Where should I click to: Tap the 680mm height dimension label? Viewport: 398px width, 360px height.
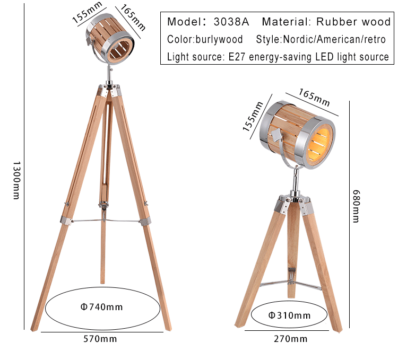[356, 206]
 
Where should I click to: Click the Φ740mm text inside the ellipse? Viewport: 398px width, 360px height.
[102, 307]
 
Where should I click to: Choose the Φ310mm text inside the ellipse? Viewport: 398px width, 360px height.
[289, 315]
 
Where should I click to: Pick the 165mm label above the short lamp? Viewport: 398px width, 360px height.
[314, 98]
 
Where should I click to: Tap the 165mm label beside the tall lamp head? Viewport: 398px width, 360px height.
[133, 17]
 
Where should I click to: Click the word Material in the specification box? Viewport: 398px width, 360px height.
[286, 22]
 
